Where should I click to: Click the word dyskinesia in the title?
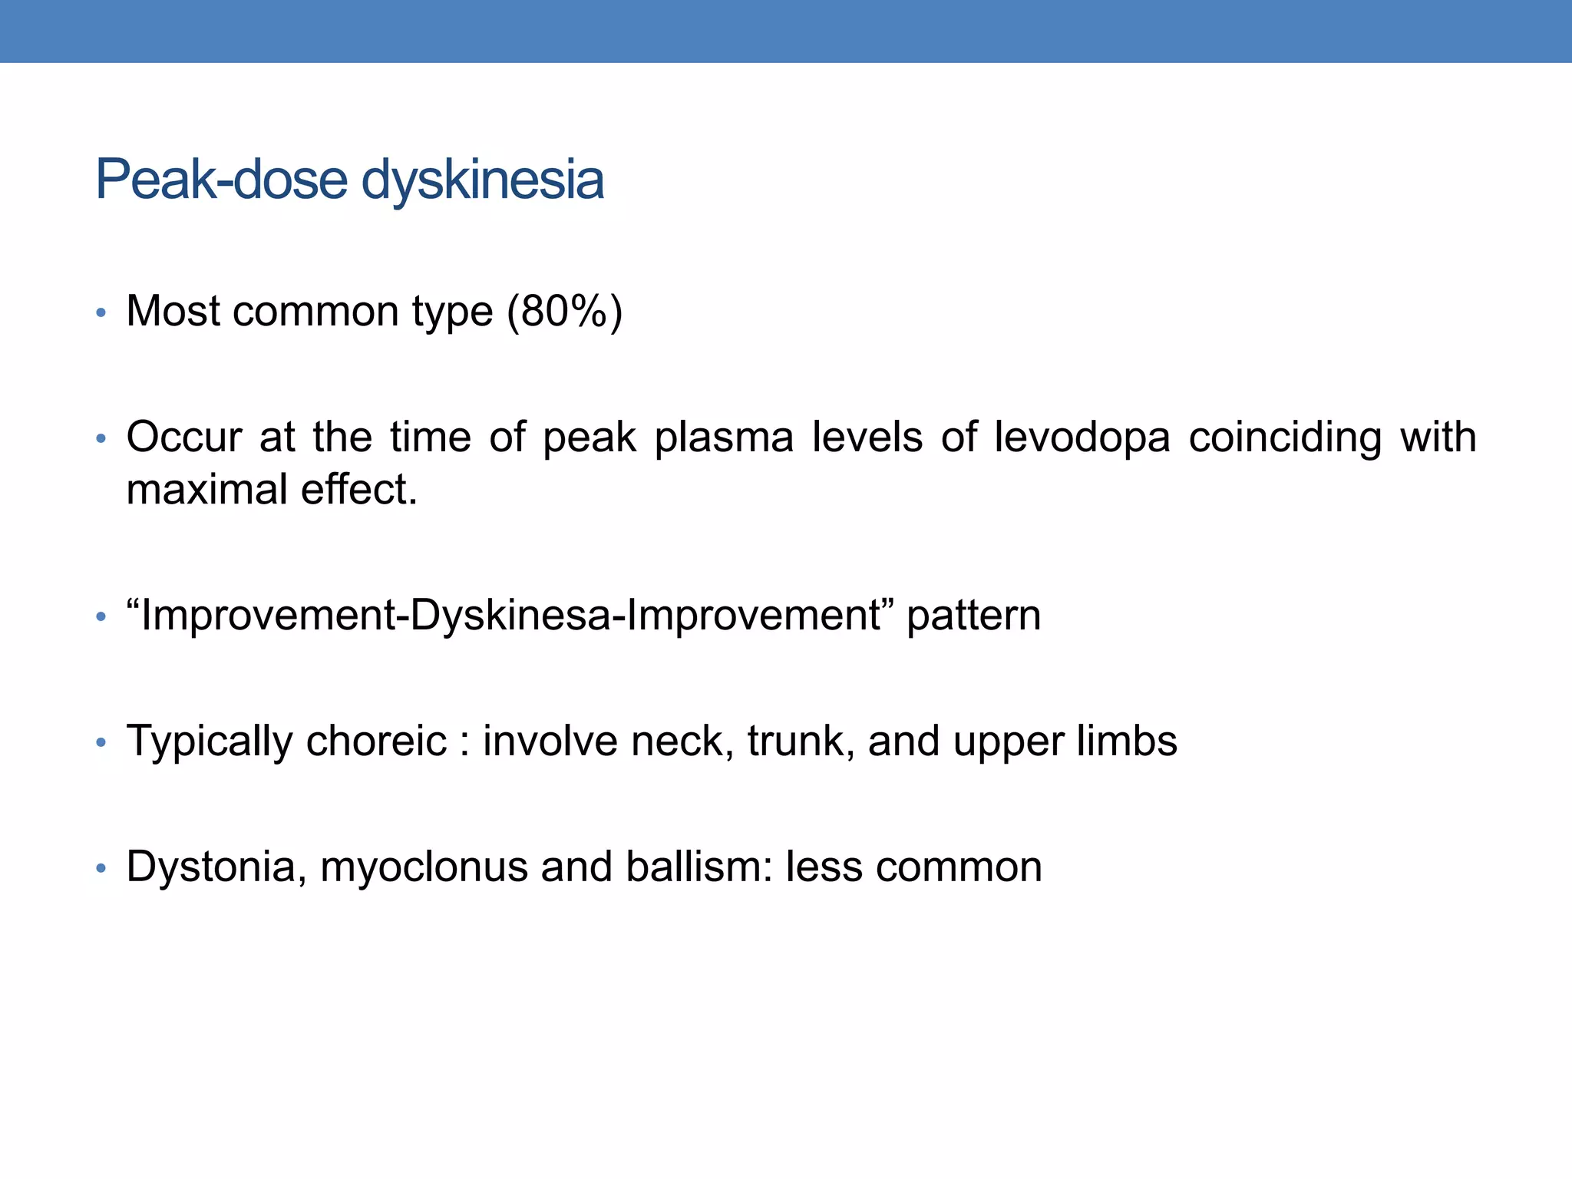(482, 181)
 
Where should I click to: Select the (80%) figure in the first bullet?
(564, 312)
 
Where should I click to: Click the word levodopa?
(1082, 438)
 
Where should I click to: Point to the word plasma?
(724, 438)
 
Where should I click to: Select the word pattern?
(973, 616)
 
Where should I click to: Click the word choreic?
(376, 741)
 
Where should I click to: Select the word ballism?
(698, 867)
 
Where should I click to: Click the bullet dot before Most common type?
(101, 313)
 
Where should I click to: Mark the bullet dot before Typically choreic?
(101, 743)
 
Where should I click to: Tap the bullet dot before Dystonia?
(101, 869)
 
